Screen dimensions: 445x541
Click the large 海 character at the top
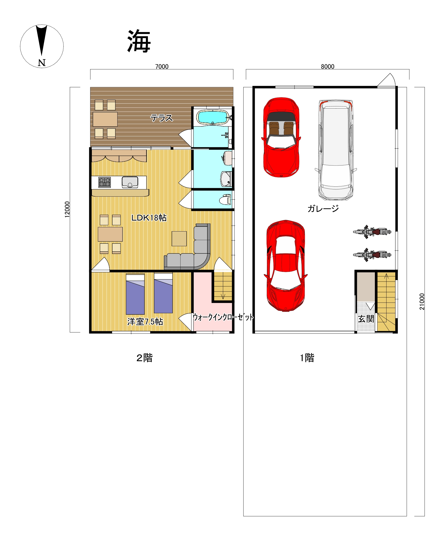[x=139, y=41]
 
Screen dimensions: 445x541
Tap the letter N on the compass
[x=42, y=63]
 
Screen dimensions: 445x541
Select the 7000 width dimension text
[x=162, y=67]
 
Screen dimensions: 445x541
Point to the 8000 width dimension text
[x=328, y=67]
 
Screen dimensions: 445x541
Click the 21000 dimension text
[x=422, y=302]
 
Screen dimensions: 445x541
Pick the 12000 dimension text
[x=67, y=210]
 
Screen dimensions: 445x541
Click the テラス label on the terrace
[x=162, y=118]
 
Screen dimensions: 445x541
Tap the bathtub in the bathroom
[x=212, y=117]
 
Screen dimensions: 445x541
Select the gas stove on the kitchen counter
[x=105, y=182]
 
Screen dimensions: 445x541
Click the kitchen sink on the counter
[x=130, y=182]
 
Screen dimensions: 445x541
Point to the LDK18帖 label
[x=149, y=218]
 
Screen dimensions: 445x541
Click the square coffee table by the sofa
[x=179, y=238]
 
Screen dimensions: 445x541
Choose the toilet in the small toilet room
[x=225, y=200]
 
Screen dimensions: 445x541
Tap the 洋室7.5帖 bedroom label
[x=145, y=321]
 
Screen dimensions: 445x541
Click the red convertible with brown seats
[x=281, y=137]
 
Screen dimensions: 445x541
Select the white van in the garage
[x=336, y=150]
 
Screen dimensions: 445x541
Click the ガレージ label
[x=323, y=209]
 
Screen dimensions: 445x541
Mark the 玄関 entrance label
[x=366, y=319]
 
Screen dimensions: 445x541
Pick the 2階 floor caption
[x=145, y=358]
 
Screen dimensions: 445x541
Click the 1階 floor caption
[x=307, y=358]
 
